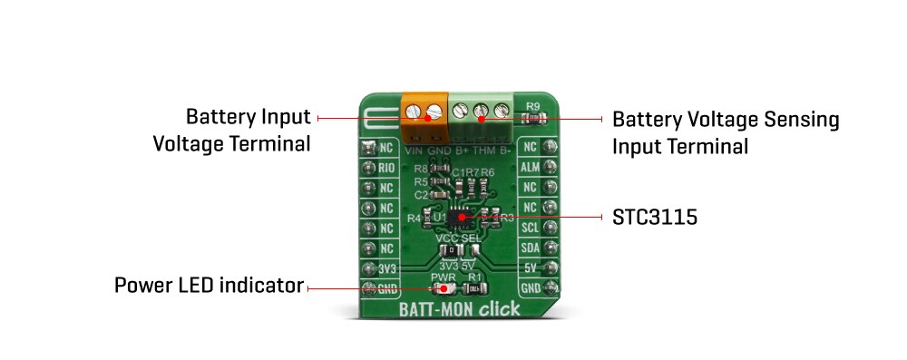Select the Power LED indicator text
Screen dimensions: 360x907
(x=209, y=287)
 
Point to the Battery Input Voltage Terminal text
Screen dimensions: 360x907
(x=248, y=131)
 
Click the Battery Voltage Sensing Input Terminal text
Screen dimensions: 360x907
(x=726, y=132)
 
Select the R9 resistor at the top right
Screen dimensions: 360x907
(x=534, y=117)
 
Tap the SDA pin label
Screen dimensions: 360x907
(x=531, y=248)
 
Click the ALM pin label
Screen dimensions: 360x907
(x=531, y=168)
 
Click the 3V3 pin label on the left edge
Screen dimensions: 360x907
(x=388, y=268)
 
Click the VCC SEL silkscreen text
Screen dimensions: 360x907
(x=460, y=238)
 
